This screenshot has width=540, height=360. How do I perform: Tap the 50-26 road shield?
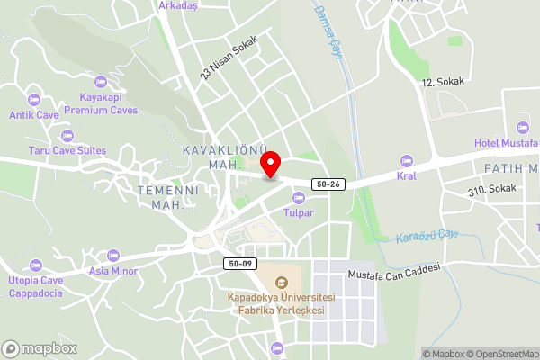point(328,184)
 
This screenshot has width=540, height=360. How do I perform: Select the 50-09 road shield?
point(238,263)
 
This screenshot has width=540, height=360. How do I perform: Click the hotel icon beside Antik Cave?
point(34,99)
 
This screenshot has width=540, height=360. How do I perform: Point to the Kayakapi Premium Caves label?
point(100,103)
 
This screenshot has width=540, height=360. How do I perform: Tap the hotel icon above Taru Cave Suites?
point(67,136)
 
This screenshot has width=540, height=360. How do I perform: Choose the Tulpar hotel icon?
point(298,198)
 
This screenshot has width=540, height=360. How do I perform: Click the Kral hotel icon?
point(406,161)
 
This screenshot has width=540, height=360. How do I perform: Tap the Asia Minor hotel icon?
point(112,256)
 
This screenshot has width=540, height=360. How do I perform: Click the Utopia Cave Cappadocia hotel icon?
point(35,265)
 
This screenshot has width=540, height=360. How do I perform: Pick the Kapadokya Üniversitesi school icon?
point(281,283)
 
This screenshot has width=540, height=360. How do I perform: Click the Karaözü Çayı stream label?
point(427,238)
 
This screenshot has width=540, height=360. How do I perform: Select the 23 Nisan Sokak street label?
point(229,57)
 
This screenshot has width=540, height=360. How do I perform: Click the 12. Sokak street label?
point(443,81)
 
